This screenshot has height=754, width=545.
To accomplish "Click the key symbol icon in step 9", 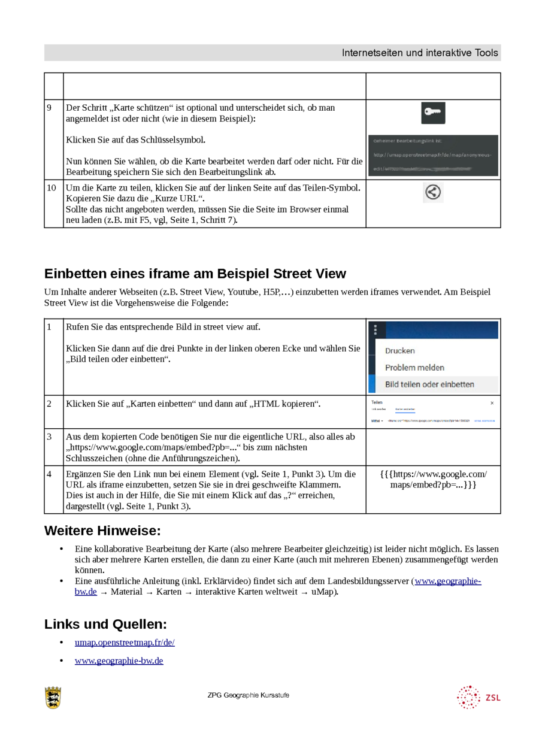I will click(432, 113).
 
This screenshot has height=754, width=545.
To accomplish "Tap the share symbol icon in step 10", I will click(432, 192).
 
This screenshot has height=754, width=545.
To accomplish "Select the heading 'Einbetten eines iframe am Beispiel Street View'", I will click(195, 274).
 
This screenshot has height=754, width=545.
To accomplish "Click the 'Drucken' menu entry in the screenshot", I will click(399, 351).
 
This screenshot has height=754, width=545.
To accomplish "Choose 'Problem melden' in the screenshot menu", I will click(414, 368).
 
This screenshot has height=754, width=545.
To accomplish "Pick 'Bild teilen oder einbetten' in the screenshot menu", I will click(429, 384).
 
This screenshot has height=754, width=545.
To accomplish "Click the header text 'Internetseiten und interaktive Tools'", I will click(419, 53).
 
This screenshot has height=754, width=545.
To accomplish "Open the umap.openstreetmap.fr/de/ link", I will click(125, 643).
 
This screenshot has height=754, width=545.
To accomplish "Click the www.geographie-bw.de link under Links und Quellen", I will click(119, 661).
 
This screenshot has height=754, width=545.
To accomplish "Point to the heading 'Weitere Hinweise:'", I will click(102, 531).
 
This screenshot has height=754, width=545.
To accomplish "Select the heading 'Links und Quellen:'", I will click(105, 624).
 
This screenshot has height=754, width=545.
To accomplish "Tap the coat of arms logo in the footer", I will click(53, 698).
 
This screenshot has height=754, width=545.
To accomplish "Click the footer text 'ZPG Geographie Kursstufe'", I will click(248, 695).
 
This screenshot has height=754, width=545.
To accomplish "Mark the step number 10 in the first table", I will click(52, 188).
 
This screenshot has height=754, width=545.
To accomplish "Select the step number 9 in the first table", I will click(49, 108).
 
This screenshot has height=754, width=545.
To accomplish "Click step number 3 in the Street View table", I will click(49, 437).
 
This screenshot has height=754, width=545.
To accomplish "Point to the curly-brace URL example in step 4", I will click(433, 479).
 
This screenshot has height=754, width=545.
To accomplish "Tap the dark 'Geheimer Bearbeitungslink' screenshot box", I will click(433, 155).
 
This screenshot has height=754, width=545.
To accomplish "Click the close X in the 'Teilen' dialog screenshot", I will click(492, 403).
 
